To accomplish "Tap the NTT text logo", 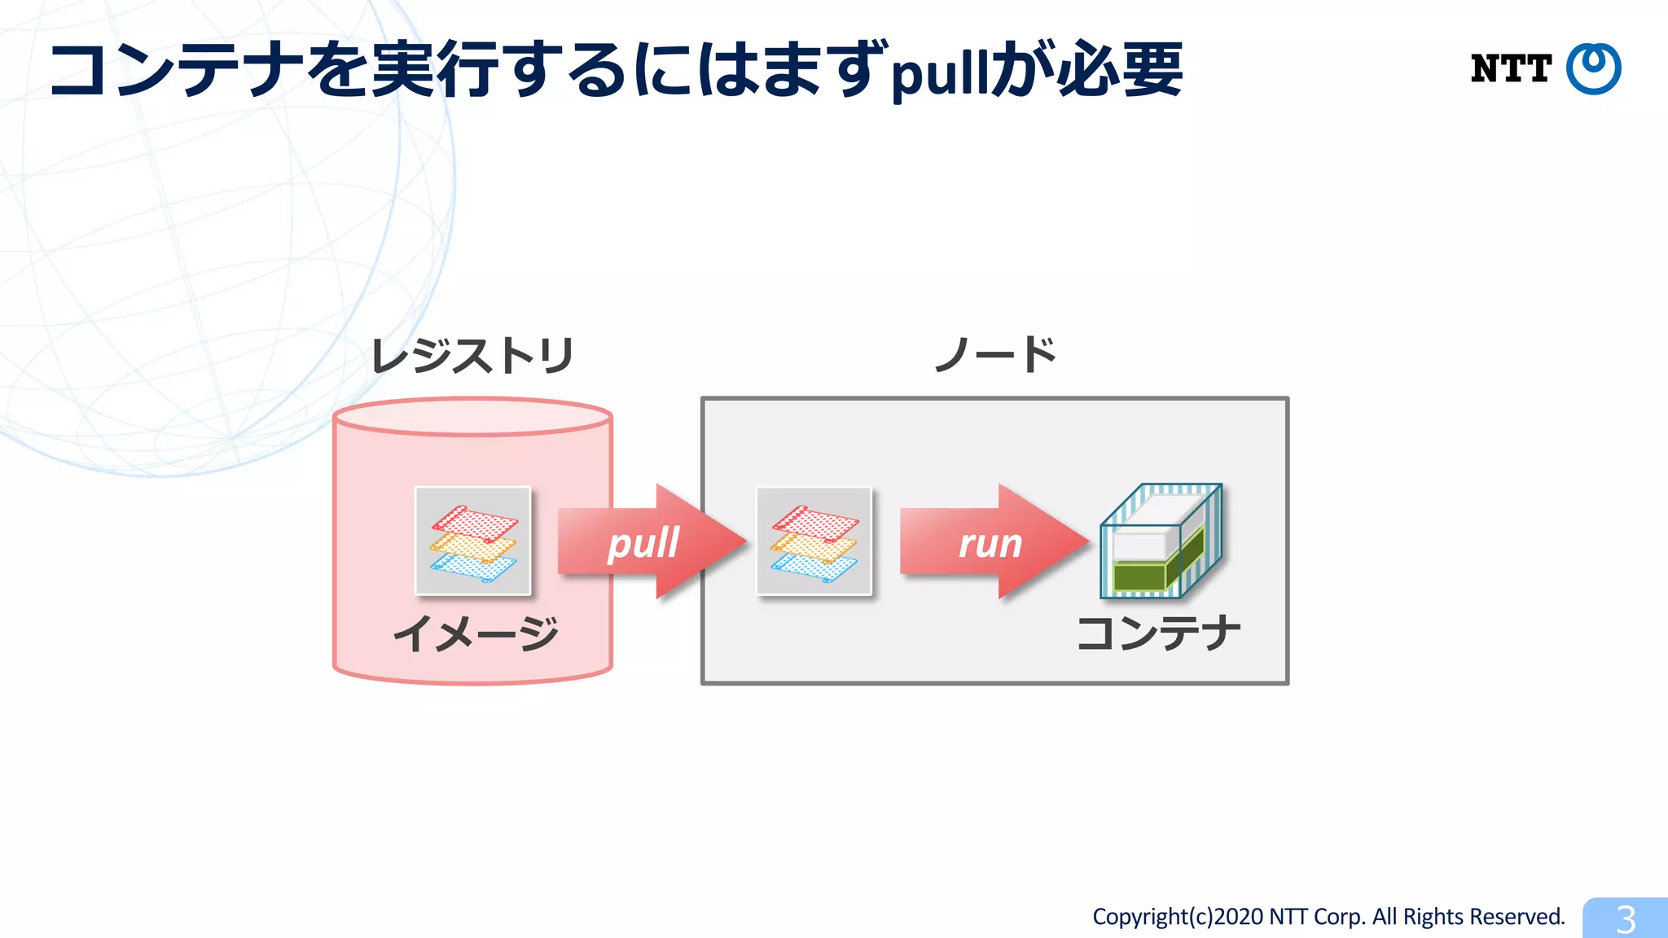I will (1510, 69).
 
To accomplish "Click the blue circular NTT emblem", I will (1593, 69).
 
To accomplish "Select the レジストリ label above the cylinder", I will (472, 356).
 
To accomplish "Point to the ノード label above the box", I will (994, 355).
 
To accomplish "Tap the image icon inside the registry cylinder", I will (472, 541).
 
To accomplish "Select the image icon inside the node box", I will (814, 541).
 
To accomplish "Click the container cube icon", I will (1160, 541).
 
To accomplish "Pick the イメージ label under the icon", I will (476, 633).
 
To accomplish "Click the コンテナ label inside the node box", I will (1158, 633).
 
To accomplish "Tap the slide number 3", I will (1626, 919).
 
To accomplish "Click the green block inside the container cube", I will (1140, 575).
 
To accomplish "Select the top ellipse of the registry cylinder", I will (472, 417).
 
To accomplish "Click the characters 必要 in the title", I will (1119, 70).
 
